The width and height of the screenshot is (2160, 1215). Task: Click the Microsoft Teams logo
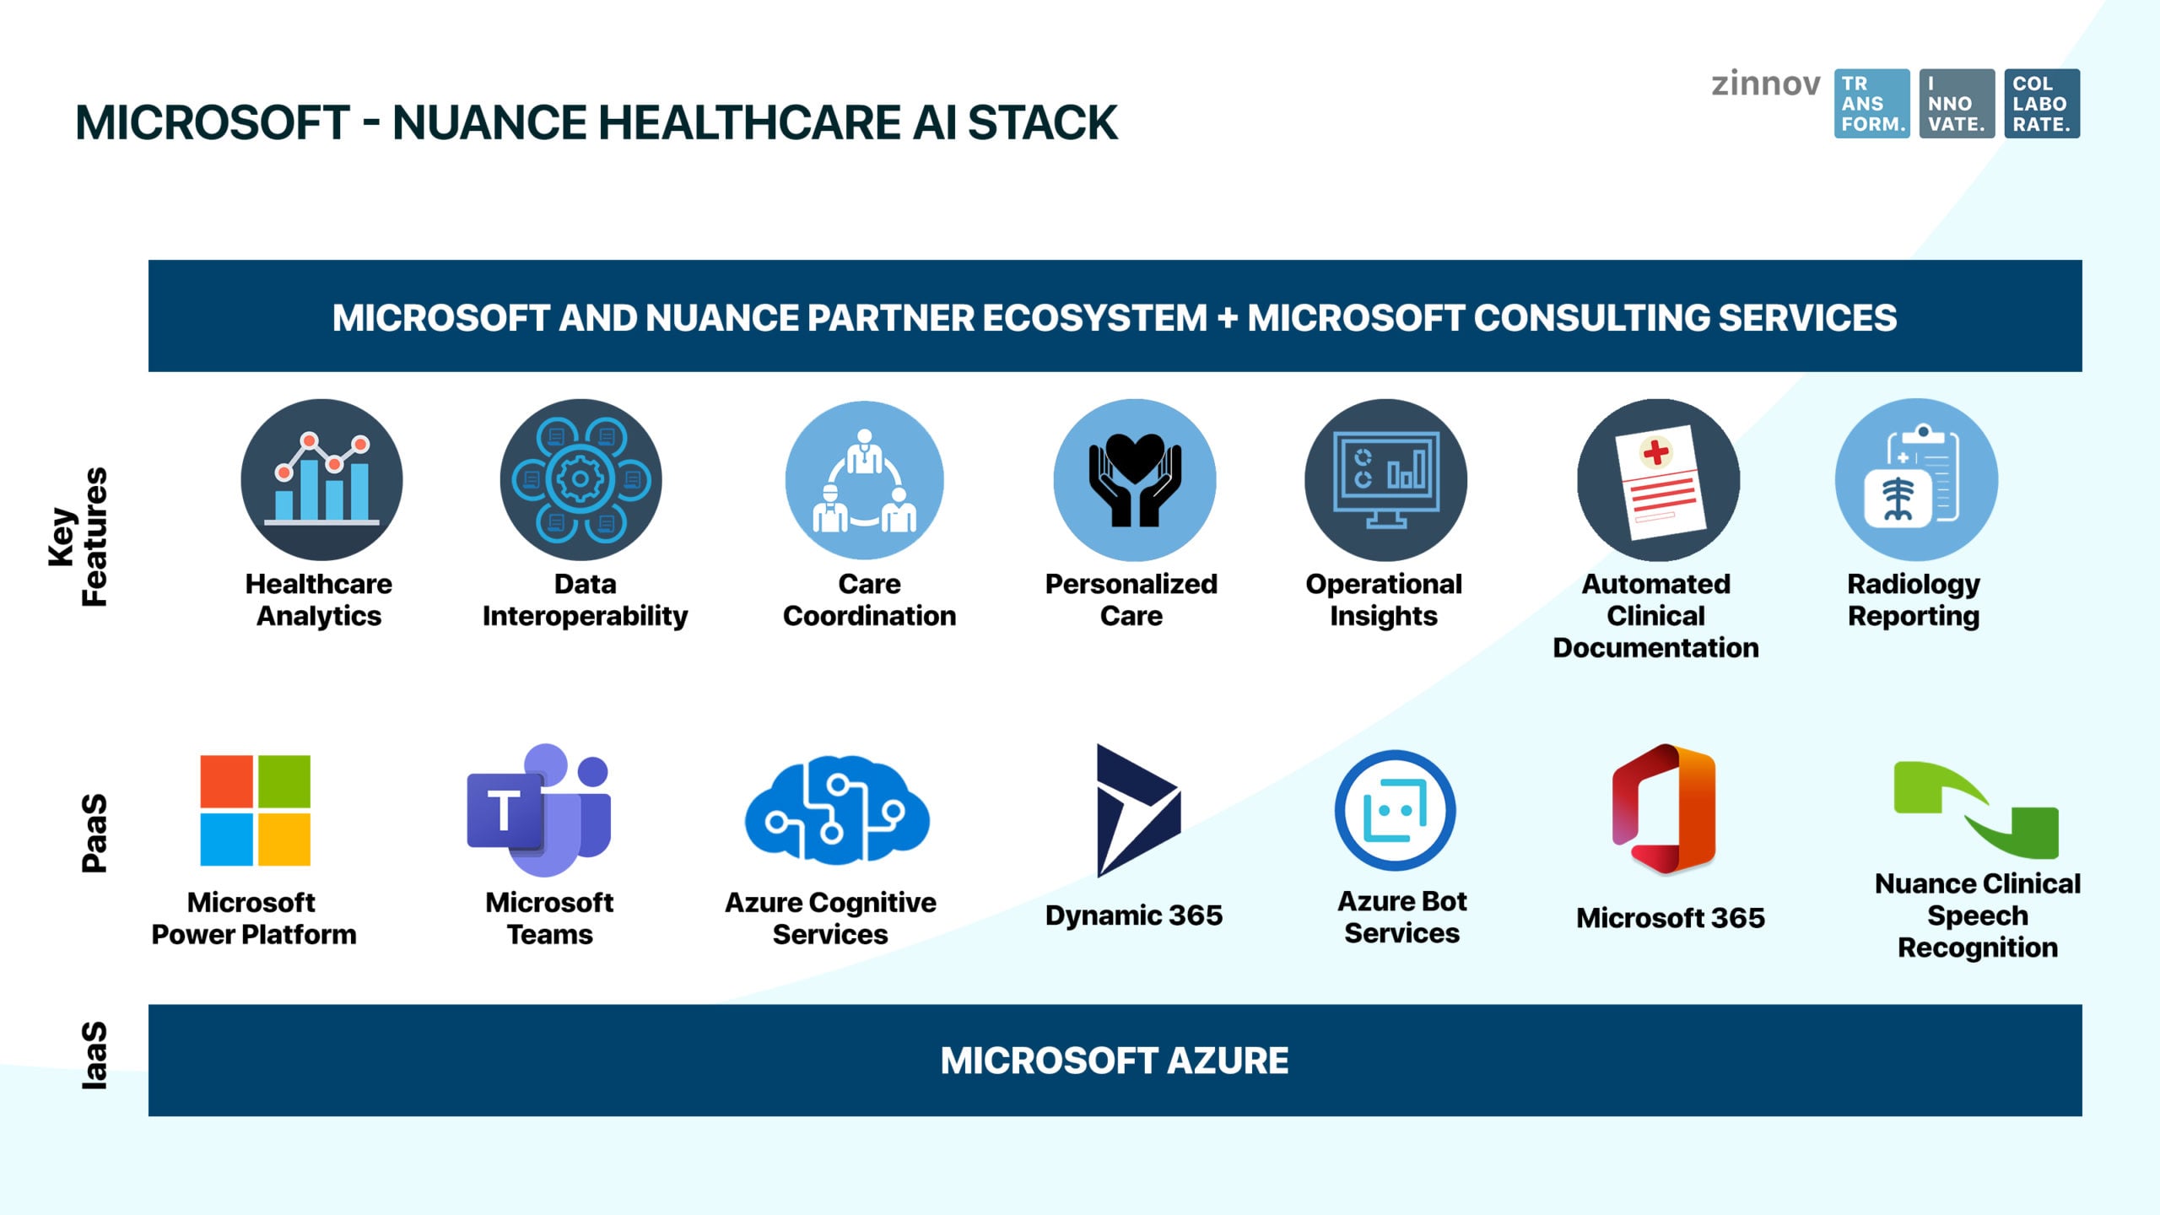pos(538,810)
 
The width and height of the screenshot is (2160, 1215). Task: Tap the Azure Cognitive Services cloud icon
pos(836,811)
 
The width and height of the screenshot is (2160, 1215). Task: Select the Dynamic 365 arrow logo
pos(1137,810)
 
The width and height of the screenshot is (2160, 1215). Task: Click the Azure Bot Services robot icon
pos(1395,810)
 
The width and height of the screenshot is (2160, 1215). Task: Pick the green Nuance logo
pos(1975,808)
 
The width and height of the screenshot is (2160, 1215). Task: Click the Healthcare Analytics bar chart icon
pos(321,479)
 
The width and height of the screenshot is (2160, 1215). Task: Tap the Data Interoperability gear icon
pos(580,479)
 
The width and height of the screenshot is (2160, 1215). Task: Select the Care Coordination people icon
pos(865,479)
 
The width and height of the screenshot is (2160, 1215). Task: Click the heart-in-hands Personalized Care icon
pos(1135,479)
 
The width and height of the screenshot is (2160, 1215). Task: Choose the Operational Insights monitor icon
pos(1385,479)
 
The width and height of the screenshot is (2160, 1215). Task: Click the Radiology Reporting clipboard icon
pos(1916,479)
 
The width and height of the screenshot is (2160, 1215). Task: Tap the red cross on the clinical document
pos(1655,452)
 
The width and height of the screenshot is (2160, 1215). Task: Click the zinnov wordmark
pos(1765,84)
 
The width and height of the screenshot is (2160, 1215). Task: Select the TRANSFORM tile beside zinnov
pos(1871,104)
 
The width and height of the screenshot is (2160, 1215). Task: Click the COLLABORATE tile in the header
pos(2042,104)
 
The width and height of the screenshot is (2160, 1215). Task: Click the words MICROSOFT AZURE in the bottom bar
pos(1114,1061)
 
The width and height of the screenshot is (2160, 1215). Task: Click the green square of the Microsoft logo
pos(283,781)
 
